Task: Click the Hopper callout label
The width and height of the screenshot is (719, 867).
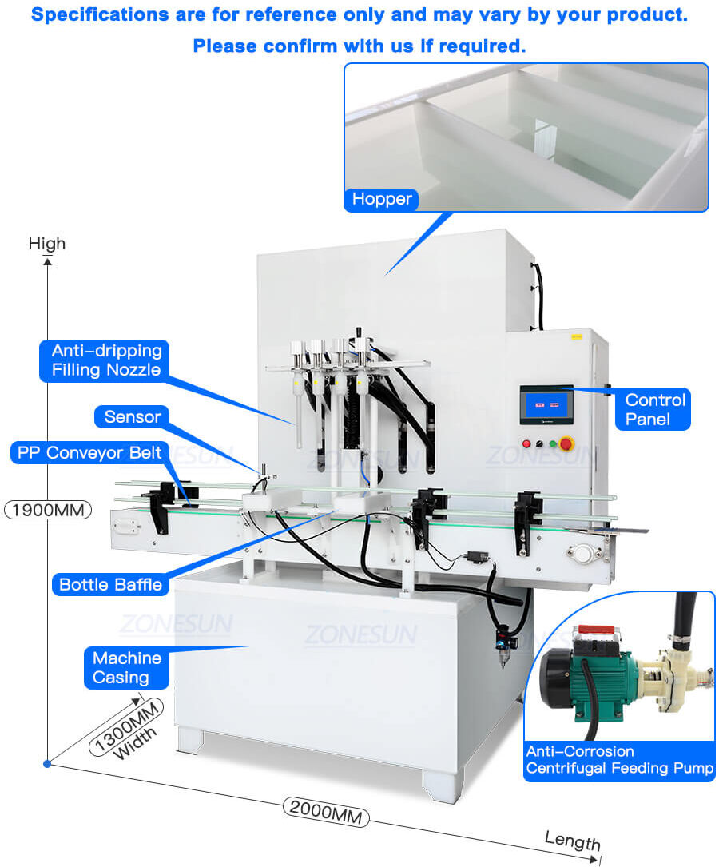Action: click(x=382, y=199)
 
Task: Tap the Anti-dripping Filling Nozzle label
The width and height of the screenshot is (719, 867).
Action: click(x=106, y=360)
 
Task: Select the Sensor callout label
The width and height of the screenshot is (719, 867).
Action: click(x=132, y=416)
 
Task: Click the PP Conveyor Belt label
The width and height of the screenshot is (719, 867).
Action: click(x=89, y=452)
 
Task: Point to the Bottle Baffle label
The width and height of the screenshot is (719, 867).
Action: click(x=110, y=584)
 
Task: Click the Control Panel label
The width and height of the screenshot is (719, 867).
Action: click(x=654, y=409)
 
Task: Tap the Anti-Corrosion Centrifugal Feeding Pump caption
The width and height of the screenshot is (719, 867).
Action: click(x=619, y=760)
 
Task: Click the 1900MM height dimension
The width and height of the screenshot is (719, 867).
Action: click(x=48, y=509)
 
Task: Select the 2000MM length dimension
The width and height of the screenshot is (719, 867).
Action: click(x=326, y=809)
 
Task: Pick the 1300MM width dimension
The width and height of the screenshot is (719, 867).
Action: click(x=128, y=726)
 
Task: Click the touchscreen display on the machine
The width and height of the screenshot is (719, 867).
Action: click(x=546, y=404)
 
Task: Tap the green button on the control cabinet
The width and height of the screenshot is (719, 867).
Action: click(x=552, y=443)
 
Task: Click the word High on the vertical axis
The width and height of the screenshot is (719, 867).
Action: click(x=47, y=243)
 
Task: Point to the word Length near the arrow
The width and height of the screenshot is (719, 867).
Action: click(x=572, y=840)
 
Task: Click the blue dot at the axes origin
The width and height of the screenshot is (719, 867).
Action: click(x=47, y=764)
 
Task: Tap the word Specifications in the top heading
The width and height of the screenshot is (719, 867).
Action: click(x=99, y=15)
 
